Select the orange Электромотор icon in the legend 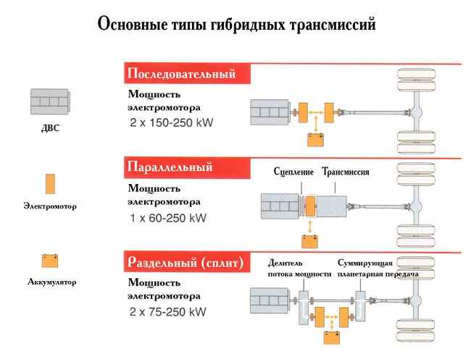pos(50,184)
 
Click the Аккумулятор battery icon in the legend pos(50,260)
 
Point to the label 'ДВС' pos(50,130)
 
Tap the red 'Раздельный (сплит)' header pos(185,260)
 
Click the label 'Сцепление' pos(294,172)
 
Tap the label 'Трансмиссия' pos(346,172)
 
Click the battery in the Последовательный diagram pos(316,140)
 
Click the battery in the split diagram pos(332,337)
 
